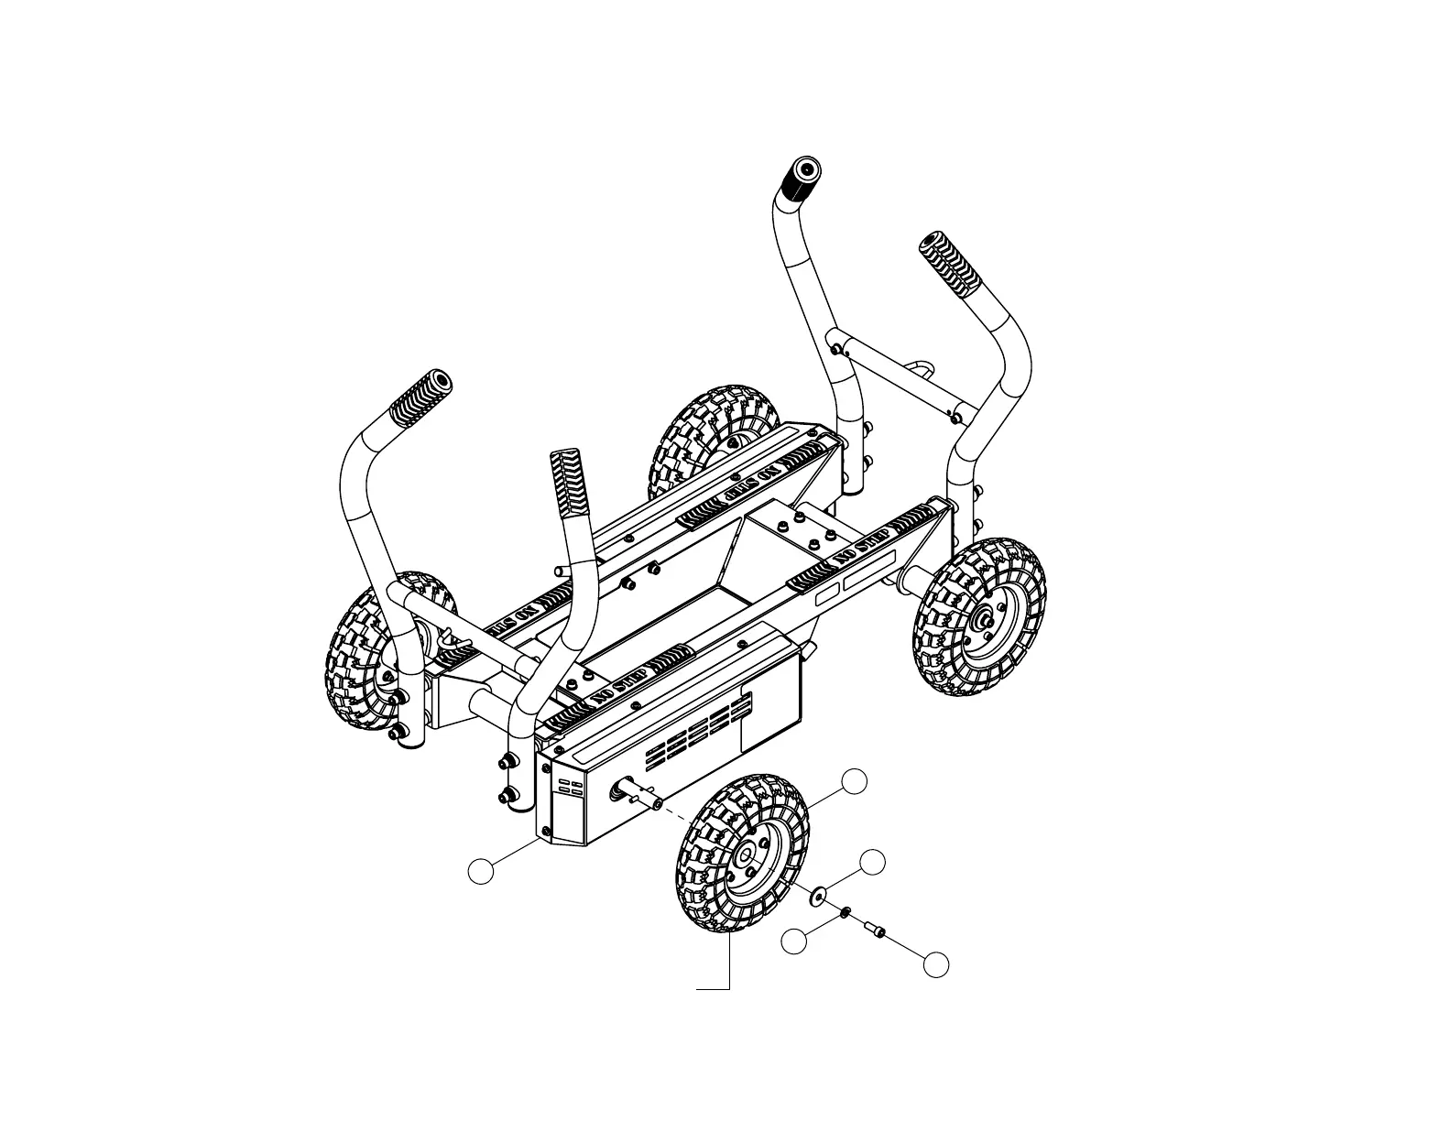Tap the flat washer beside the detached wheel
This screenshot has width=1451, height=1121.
click(816, 894)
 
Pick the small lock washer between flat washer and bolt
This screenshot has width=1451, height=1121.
click(846, 911)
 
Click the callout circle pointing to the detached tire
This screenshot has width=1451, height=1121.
click(854, 780)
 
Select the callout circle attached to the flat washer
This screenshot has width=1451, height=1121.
click(873, 861)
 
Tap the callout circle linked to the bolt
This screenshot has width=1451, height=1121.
click(935, 963)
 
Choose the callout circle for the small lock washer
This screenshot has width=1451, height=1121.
click(795, 940)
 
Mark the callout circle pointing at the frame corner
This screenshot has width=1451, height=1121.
click(480, 871)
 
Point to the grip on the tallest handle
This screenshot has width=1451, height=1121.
click(799, 184)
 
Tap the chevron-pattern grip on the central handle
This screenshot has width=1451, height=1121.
click(566, 484)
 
